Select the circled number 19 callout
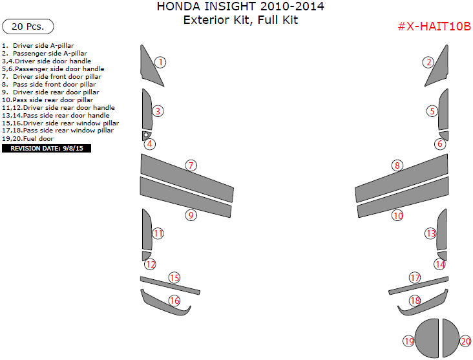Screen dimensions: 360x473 [408, 341]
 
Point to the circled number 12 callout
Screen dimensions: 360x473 [150, 264]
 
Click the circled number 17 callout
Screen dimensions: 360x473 [415, 277]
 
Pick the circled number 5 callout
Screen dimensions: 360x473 [432, 111]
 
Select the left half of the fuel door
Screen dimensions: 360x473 [426, 338]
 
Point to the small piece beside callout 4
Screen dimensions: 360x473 [147, 135]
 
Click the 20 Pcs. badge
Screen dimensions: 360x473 [28, 26]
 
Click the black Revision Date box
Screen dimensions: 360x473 [47, 148]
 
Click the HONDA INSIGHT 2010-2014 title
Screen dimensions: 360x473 [240, 7]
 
